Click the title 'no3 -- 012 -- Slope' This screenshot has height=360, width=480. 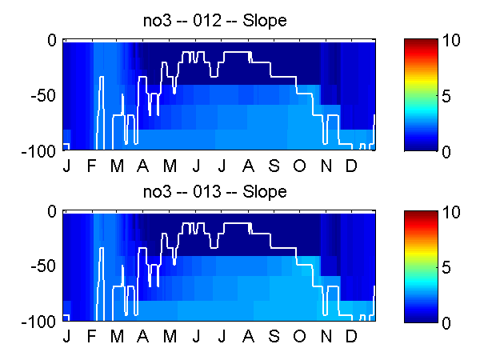click(215, 21)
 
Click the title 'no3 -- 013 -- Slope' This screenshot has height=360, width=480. click(215, 192)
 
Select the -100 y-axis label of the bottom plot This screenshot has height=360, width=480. click(39, 322)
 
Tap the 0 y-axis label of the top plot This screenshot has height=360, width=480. click(52, 40)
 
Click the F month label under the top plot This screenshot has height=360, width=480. click(91, 166)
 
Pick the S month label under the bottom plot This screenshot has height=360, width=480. click(274, 337)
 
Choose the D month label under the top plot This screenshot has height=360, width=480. click(351, 166)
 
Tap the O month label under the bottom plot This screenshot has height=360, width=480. click(299, 337)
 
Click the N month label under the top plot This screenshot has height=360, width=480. click(326, 166)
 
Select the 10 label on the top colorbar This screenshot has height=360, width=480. click(451, 40)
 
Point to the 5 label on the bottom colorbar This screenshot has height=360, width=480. click(446, 267)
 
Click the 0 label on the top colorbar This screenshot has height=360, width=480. click(446, 152)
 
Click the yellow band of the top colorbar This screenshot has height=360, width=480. click(421, 80)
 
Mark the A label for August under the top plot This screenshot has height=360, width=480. click(248, 166)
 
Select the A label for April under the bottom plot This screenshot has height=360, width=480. click(142, 337)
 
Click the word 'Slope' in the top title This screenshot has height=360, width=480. click(265, 21)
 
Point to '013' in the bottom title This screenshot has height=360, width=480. click(207, 192)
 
